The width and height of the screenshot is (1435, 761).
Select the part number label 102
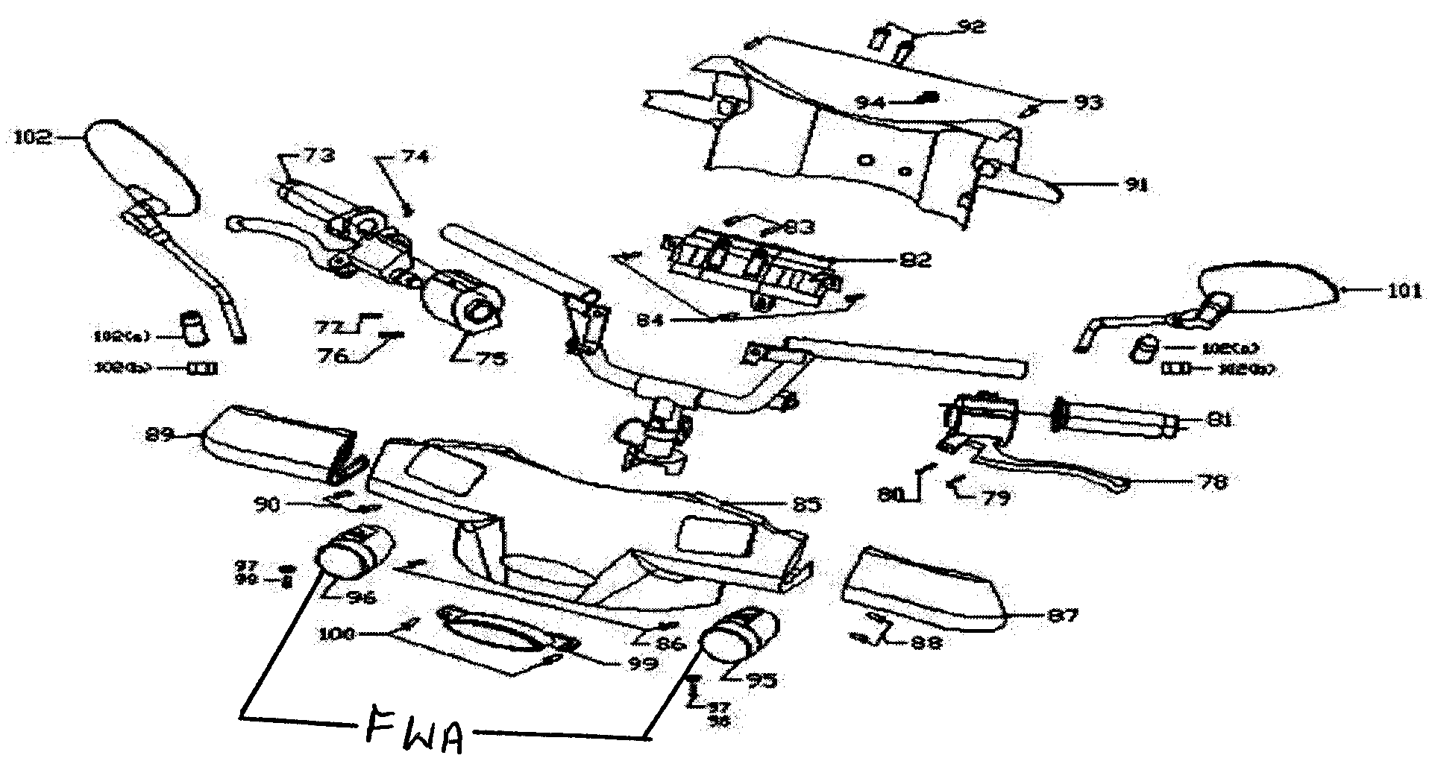(31, 137)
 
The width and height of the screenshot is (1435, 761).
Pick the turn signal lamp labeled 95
(738, 636)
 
